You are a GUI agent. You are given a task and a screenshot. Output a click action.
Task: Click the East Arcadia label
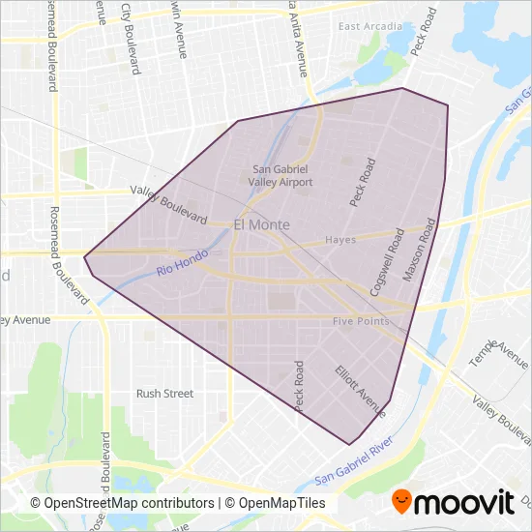(x=370, y=26)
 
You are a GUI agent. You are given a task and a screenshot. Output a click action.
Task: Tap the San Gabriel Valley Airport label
(x=281, y=174)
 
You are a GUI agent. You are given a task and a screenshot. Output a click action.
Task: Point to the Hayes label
(x=340, y=240)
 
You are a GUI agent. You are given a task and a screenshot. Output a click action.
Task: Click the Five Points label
(x=361, y=321)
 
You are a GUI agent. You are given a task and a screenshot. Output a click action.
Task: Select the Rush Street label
(x=164, y=394)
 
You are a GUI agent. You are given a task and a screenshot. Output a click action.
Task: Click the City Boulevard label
(x=127, y=26)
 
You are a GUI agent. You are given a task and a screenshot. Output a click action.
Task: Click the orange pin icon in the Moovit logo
(x=400, y=501)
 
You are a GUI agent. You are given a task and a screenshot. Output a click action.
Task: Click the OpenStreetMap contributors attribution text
(x=122, y=503)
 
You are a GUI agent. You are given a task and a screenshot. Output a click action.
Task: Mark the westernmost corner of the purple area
(x=84, y=257)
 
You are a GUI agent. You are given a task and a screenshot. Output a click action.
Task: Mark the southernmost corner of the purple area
(x=349, y=445)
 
